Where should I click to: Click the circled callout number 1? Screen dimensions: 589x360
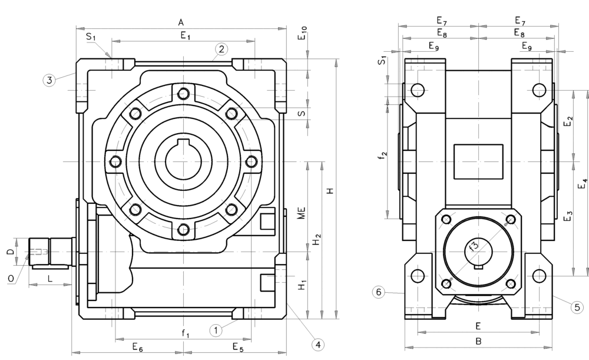coord(216,331)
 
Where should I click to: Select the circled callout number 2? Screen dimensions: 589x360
coord(221,49)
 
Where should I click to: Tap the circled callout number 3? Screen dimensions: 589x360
coord(49,80)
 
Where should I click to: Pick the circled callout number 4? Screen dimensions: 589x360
coord(318,344)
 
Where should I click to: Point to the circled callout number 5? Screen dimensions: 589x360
coord(577,308)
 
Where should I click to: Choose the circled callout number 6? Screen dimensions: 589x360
coord(379,292)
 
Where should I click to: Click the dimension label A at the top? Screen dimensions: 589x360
coord(181,23)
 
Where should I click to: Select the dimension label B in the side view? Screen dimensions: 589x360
coord(478,342)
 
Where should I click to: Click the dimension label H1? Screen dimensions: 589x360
coord(302,284)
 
